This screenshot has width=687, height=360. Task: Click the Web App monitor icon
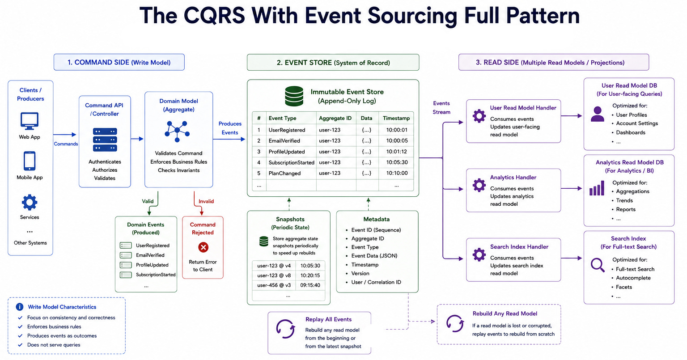[x=30, y=121]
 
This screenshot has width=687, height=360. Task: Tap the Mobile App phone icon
[x=30, y=161]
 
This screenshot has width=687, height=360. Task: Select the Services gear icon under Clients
[x=30, y=203]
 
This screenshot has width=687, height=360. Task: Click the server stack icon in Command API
[x=105, y=140]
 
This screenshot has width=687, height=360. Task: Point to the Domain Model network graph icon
[x=177, y=131]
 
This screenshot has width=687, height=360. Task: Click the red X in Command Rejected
[x=203, y=247]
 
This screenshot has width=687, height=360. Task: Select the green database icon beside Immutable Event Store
[x=294, y=96]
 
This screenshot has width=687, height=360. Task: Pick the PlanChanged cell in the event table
[x=284, y=173]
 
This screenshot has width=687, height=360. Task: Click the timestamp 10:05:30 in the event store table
[x=397, y=162]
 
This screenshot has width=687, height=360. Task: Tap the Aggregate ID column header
[x=335, y=118]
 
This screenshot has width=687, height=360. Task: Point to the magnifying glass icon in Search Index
[x=598, y=265]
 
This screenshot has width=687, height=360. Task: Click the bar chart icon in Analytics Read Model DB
[x=597, y=188]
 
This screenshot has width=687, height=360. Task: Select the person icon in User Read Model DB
[x=598, y=114]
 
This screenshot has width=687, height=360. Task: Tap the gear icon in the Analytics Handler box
[x=479, y=185]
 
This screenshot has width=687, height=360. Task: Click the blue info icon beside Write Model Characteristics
[x=19, y=307]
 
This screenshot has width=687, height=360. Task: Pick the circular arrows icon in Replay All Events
[x=285, y=329]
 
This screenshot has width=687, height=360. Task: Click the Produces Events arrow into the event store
[x=229, y=139]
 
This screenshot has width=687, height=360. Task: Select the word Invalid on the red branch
[x=206, y=201]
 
